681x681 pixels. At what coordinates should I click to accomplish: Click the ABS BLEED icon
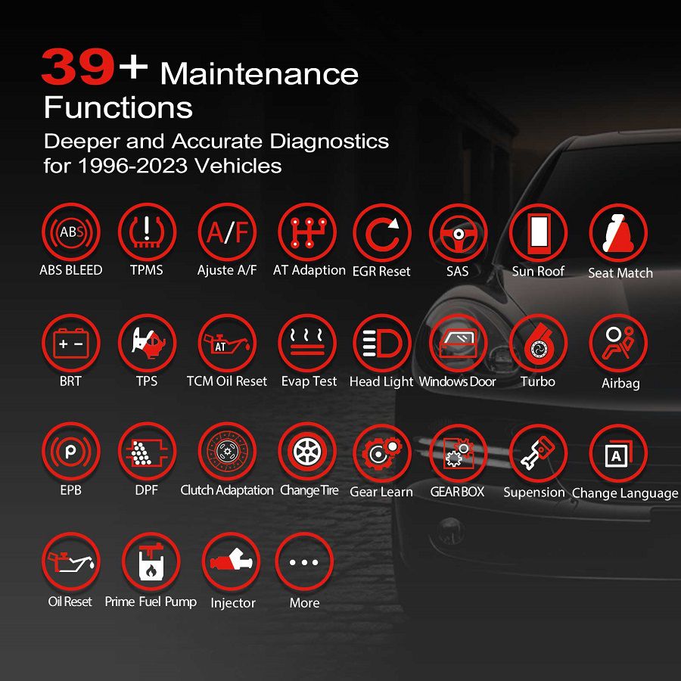(x=70, y=232)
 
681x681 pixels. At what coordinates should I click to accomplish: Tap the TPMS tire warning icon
(x=147, y=232)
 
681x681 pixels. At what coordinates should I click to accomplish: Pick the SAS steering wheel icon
(x=458, y=233)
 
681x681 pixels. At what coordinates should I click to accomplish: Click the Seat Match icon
(x=618, y=233)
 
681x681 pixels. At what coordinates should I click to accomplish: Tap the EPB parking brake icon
(x=70, y=452)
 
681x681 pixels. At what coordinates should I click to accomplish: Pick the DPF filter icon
(x=147, y=452)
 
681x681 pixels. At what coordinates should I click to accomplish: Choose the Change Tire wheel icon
(x=307, y=452)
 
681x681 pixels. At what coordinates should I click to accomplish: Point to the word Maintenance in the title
(x=260, y=74)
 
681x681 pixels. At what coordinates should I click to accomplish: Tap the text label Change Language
(x=625, y=493)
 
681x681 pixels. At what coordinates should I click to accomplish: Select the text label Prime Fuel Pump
(x=151, y=602)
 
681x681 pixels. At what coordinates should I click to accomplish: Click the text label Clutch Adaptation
(x=227, y=490)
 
